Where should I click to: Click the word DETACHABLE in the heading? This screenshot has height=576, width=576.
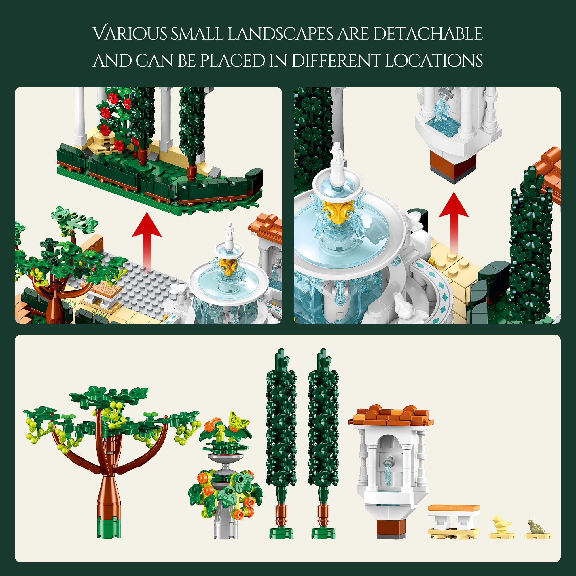coord(427,33)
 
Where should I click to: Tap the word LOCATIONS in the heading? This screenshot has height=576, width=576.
coord(434,60)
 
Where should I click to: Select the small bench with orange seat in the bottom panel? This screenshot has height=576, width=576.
coord(454,522)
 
